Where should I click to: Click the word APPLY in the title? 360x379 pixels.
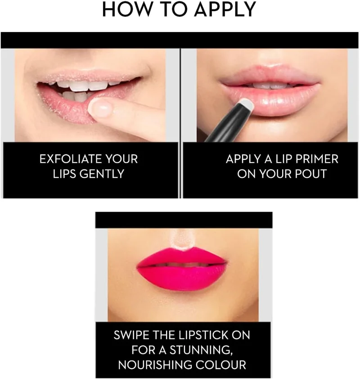tap(225, 9)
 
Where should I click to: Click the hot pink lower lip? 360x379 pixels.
tap(182, 277)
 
